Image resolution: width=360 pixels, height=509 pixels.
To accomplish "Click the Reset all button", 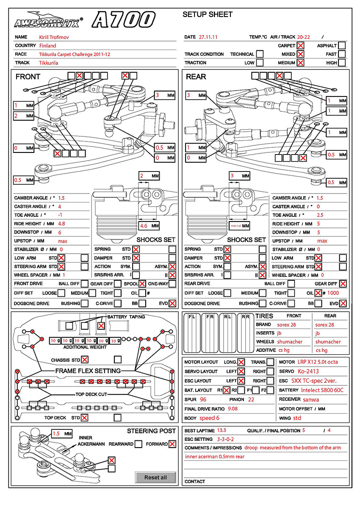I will tap(155, 477).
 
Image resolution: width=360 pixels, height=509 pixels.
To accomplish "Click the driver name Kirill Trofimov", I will tap(54, 37).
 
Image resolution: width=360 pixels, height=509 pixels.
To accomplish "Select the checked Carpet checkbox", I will tap(300, 46).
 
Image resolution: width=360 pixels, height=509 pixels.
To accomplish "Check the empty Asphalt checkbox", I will tap(342, 46).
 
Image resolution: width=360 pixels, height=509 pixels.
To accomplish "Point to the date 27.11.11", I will tap(208, 37).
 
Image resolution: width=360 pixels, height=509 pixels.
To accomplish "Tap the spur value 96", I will tap(203, 399).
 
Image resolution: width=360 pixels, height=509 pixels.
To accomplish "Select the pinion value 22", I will tap(251, 399).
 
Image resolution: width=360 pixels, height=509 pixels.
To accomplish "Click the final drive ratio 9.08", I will tap(233, 409).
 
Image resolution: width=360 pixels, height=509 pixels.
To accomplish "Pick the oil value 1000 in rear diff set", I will tap(333, 293).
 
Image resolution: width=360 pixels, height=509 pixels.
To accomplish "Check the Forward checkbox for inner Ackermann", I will tap(172, 444).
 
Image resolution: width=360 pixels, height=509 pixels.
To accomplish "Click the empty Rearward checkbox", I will tap(138, 444).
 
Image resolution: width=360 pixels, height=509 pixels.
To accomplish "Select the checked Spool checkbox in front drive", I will tap(142, 284).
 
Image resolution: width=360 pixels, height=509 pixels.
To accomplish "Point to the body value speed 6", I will tap(209, 418).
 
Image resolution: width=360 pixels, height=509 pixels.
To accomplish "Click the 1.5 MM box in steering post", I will tap(62, 434).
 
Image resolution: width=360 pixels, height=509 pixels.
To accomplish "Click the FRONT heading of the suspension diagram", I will tap(28, 77).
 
